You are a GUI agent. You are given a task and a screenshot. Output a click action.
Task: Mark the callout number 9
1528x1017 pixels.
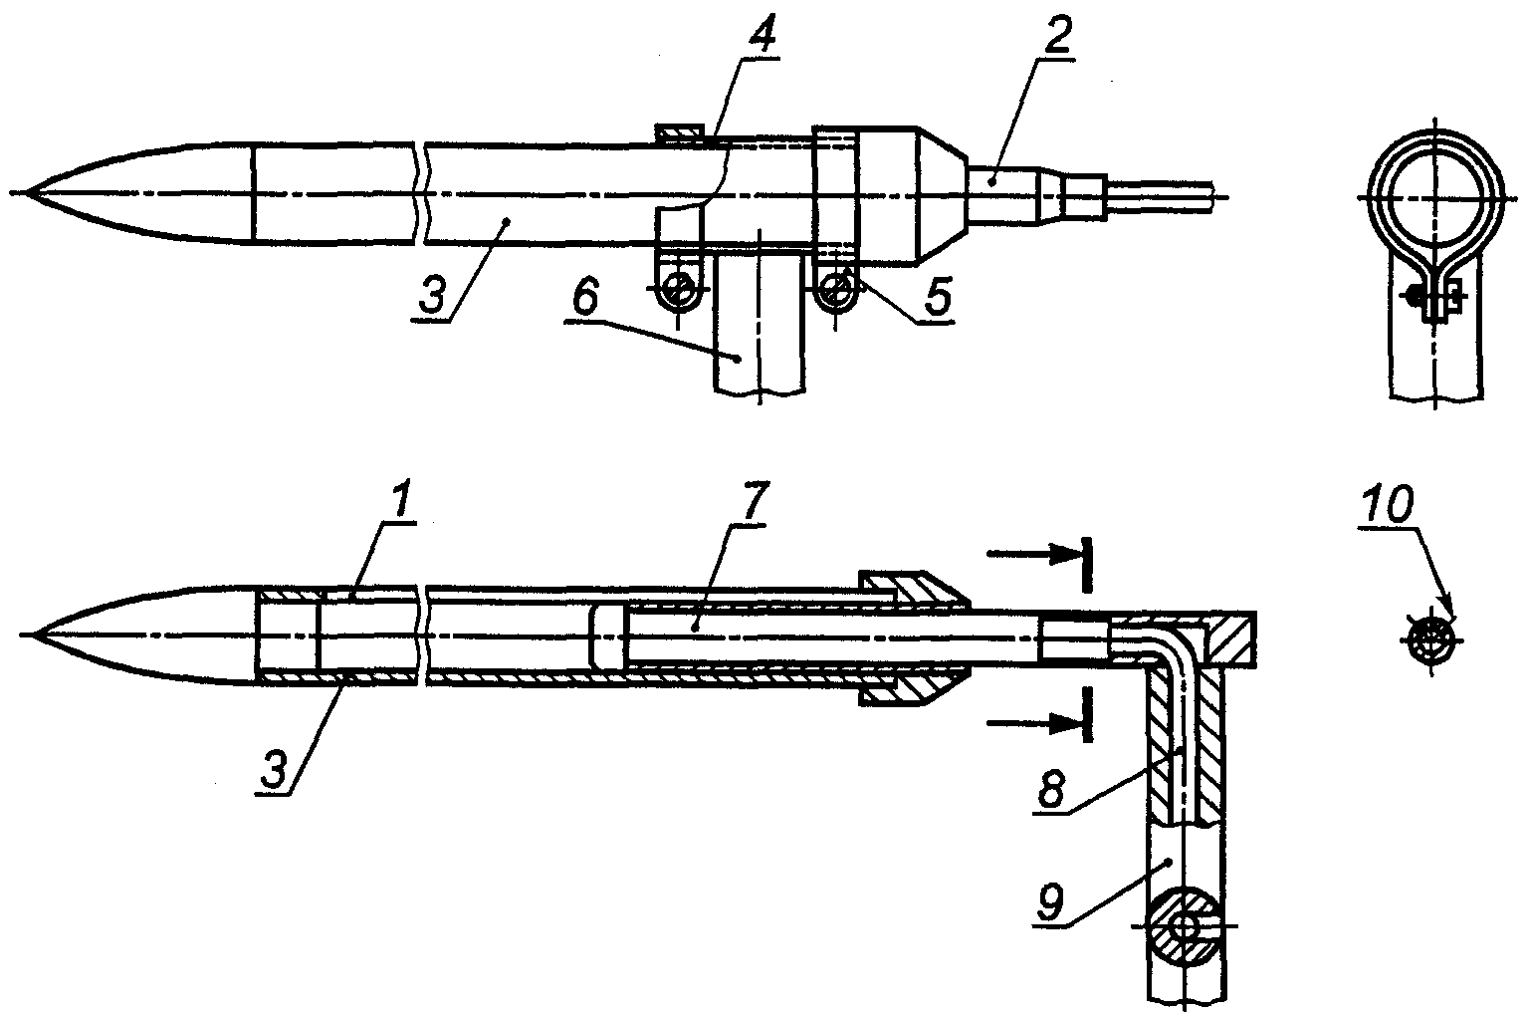pyautogui.click(x=1050, y=904)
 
